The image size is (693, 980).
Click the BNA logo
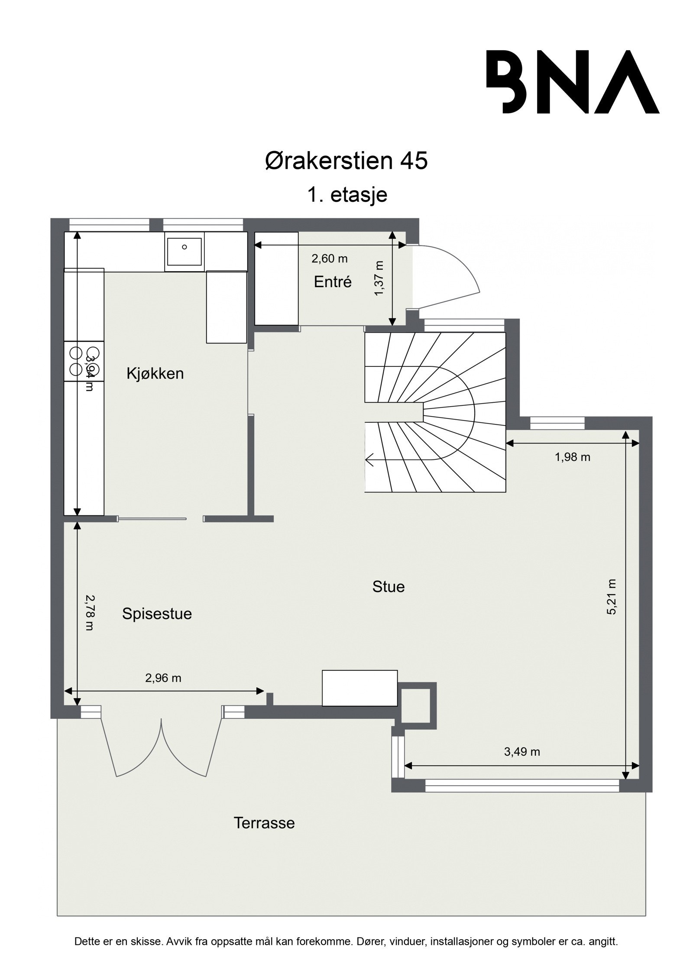[x=573, y=82]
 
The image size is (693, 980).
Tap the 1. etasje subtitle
[x=346, y=195]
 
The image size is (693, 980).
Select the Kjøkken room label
[x=155, y=373]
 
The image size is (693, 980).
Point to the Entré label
[x=333, y=282]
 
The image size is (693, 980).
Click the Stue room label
[x=389, y=587]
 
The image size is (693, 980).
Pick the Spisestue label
[x=157, y=614]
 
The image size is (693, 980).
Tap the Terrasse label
[x=264, y=823]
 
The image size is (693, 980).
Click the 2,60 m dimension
[x=330, y=259]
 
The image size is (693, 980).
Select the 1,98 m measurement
[x=573, y=457]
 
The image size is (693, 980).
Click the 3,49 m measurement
[x=522, y=752]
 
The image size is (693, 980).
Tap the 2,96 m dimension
[x=163, y=678]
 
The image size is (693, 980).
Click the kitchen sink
[x=184, y=252]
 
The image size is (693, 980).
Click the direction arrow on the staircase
[x=370, y=459]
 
